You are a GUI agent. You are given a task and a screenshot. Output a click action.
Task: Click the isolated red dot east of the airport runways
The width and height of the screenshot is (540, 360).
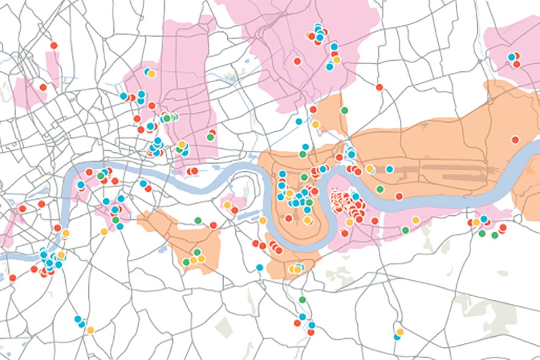tap(515, 140)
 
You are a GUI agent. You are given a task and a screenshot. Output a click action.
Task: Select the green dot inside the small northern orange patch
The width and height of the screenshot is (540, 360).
tap(344, 110)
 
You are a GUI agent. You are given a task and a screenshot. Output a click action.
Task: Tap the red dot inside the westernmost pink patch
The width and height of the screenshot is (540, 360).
tap(43, 87)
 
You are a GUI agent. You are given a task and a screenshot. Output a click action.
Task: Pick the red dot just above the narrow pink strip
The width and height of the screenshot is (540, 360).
tap(53, 45)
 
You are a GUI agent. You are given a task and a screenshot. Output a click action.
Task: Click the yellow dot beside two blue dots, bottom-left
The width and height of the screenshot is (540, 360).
tap(90, 330)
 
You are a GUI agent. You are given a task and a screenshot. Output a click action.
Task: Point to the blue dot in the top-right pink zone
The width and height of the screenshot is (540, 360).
tap(511, 57)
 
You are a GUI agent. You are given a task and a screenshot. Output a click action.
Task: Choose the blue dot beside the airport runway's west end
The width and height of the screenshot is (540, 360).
tap(389, 169)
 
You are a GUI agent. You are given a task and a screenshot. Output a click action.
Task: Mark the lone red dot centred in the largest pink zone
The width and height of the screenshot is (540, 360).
tap(297, 61)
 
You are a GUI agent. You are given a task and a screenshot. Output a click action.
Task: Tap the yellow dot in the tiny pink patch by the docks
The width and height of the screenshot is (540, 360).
tap(227, 205)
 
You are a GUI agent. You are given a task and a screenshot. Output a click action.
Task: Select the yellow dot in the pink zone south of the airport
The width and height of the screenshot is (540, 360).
tap(416, 220)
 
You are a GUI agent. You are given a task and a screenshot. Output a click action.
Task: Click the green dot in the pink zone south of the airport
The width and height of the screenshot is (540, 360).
tap(405, 230)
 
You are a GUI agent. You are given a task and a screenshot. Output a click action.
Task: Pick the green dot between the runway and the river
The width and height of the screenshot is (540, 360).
tap(380, 189)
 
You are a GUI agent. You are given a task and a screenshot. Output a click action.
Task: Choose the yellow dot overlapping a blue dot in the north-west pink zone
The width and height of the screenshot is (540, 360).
tap(151, 74)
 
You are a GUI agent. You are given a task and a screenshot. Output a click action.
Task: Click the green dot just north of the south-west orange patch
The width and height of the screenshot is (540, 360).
tap(198, 220)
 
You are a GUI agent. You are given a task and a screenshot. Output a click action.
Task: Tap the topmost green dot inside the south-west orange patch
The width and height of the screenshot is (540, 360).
tap(197, 252)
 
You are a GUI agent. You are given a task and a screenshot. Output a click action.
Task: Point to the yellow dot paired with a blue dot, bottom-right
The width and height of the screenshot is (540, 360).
tap(400, 332)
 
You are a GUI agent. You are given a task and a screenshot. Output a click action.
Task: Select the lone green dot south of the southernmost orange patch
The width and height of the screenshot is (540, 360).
tap(302, 299)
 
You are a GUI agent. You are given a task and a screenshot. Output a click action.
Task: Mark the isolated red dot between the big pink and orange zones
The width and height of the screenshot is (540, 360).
tap(379, 87)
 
